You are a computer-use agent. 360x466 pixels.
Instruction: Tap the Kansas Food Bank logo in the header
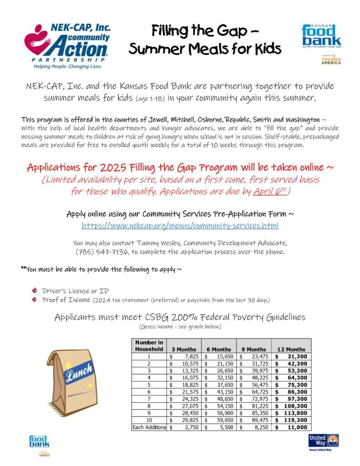[321, 35]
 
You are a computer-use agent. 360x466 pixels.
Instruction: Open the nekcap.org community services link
[180, 226]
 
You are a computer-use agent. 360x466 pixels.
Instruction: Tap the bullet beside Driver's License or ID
[35, 290]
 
